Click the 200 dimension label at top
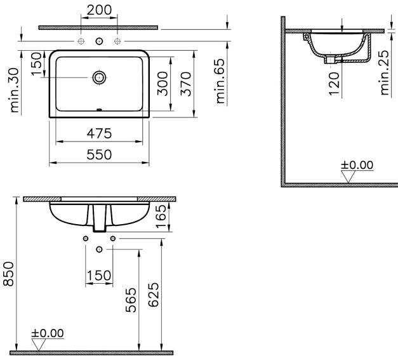tap(99, 10)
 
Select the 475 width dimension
tap(99, 133)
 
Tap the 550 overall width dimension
tap(99, 155)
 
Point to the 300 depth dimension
tap(163, 84)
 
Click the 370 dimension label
tap(186, 84)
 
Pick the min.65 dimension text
tap(220, 81)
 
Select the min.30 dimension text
tap(14, 90)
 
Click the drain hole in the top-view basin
tap(99, 77)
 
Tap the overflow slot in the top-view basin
tap(99, 110)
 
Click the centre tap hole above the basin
tap(99, 41)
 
